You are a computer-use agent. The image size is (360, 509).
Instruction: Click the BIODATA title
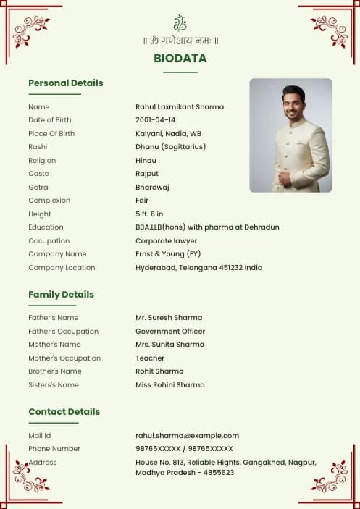pos(180,59)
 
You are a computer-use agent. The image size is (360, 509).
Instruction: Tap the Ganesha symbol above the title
pos(180,22)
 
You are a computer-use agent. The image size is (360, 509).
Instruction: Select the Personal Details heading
pos(66,83)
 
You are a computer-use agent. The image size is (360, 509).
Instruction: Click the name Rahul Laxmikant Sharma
pos(180,107)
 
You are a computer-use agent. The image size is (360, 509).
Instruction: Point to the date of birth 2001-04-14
pos(155,120)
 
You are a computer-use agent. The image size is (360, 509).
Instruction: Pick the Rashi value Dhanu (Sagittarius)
pos(170,147)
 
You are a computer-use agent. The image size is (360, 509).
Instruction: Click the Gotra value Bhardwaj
pos(152,187)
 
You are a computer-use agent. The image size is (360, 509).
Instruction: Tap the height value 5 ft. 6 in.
pos(150,214)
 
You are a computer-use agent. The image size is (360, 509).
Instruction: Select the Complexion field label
pos(49,201)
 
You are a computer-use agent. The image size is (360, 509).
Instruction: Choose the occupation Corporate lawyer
pos(166,241)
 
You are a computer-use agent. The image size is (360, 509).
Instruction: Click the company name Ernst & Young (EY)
pos(168,254)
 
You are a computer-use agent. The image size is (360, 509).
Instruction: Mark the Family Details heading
pos(61,295)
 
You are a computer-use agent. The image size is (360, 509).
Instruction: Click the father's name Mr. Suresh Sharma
pos(169,318)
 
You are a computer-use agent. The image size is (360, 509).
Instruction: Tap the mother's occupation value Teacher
pos(150,358)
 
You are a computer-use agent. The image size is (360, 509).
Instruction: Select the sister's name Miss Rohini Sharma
pos(170,385)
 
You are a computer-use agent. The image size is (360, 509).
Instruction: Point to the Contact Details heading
pos(64,412)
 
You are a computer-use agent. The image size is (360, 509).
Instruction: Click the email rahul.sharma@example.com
pos(187,436)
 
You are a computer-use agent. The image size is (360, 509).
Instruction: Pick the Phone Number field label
pos(54,449)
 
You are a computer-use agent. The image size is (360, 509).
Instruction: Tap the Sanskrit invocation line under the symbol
pos(180,41)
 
